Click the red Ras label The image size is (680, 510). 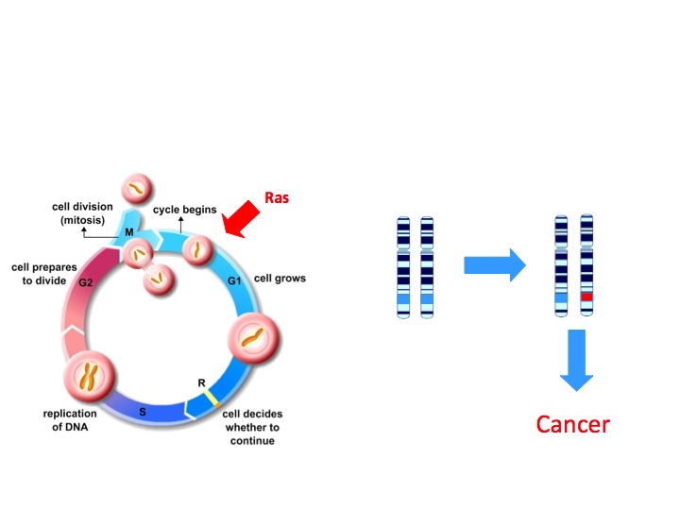tap(276, 198)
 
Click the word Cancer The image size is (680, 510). tap(572, 424)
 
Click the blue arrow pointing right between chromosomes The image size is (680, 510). tap(494, 265)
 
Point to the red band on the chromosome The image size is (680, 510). tap(586, 297)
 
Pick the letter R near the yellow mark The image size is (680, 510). tap(201, 382)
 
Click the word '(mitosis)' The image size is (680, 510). tap(84, 222)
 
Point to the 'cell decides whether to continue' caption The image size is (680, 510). tap(251, 427)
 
